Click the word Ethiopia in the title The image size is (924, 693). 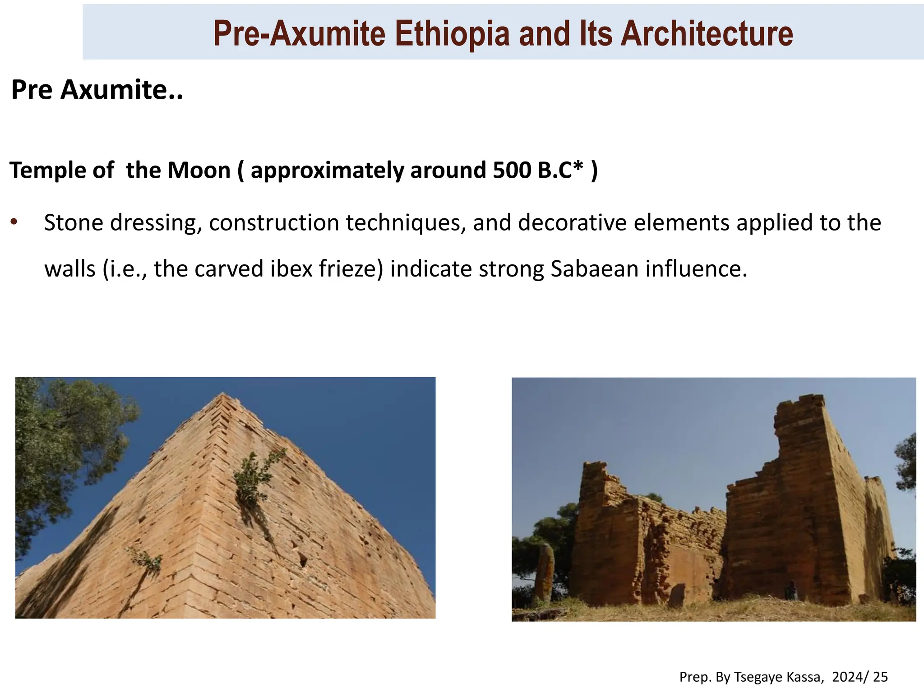(x=453, y=34)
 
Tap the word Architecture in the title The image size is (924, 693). (x=707, y=34)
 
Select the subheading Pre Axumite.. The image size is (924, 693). (x=97, y=90)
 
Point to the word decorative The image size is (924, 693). (x=572, y=223)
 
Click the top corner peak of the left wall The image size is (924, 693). (x=222, y=395)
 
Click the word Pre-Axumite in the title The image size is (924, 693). (x=299, y=34)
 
